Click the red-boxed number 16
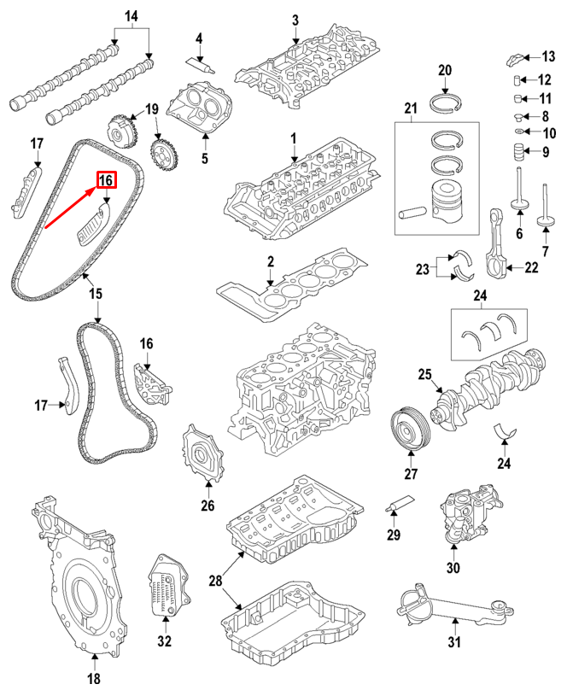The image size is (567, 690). click(x=107, y=180)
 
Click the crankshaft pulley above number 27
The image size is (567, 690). click(x=408, y=428)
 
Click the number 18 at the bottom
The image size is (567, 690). click(x=94, y=679)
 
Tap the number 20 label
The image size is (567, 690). click(x=444, y=70)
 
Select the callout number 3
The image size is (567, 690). click(x=295, y=20)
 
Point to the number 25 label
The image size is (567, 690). click(x=425, y=374)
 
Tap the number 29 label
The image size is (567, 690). click(x=394, y=535)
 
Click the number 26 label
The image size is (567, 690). click(x=208, y=506)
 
